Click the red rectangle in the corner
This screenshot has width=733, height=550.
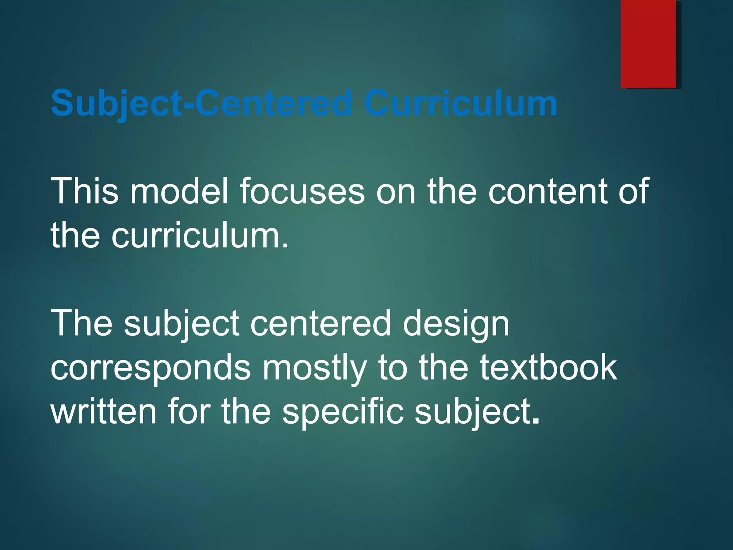point(648,44)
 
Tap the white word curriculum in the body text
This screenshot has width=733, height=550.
point(200,236)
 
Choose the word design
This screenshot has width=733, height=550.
point(456,324)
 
